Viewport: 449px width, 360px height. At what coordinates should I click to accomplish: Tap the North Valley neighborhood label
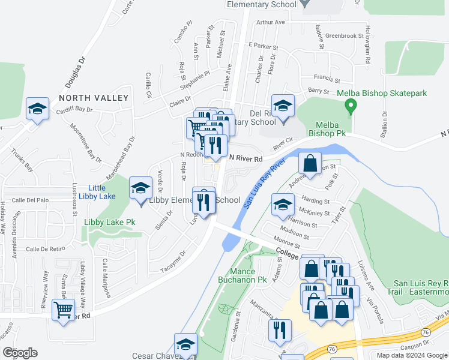click(93, 98)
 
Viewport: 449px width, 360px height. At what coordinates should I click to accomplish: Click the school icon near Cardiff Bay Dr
click(37, 109)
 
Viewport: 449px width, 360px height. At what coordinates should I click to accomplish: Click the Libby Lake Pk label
click(109, 222)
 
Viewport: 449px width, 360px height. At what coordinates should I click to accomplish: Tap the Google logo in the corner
click(20, 353)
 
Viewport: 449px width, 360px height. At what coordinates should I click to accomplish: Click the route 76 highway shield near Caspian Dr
click(331, 349)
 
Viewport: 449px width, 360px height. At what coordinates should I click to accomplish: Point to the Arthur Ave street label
click(270, 22)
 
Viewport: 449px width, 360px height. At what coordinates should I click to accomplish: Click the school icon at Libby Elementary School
click(140, 188)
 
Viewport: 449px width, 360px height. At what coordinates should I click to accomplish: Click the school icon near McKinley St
click(283, 204)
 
